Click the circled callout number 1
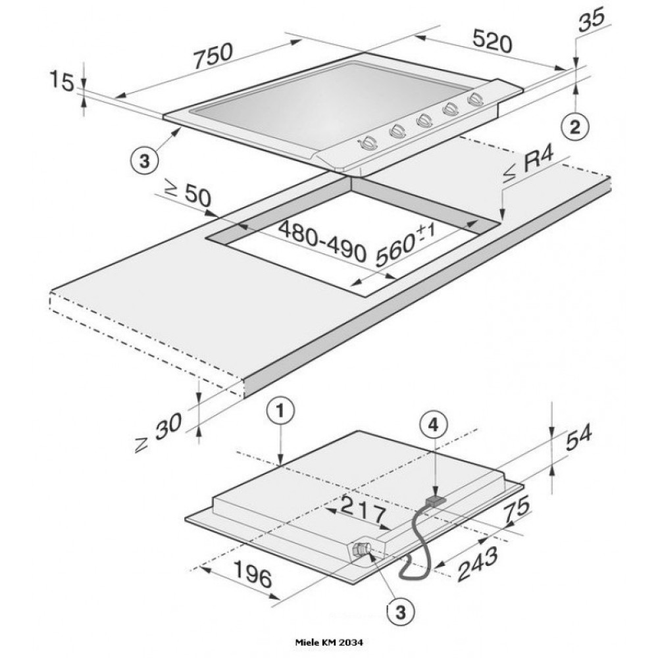point(280,413)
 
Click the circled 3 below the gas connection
point(397,612)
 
